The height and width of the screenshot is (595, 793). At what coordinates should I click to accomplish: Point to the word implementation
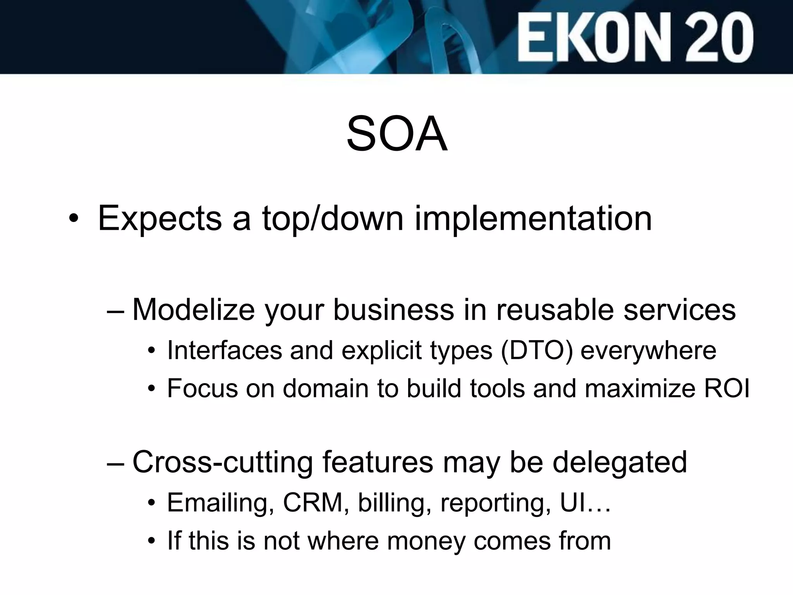coord(533,219)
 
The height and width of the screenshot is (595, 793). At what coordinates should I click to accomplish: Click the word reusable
coord(554,310)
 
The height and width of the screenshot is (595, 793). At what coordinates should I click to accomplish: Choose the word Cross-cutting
coord(222,463)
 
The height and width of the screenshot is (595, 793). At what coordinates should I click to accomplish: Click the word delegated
coord(620,463)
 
